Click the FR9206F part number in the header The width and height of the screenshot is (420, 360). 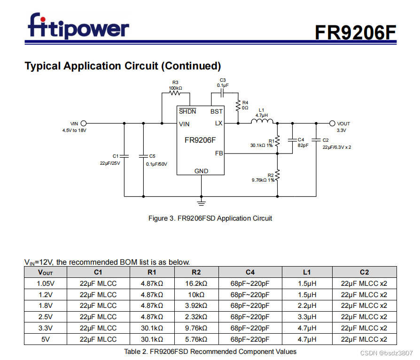click(355, 32)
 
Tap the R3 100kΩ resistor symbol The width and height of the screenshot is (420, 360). click(175, 92)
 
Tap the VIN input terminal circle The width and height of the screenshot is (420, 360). click(84, 123)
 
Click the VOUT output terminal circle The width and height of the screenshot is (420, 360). click(333, 123)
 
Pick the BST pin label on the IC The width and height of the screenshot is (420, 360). click(217, 112)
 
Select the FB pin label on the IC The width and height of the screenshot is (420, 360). click(219, 153)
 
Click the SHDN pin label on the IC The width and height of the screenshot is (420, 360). click(187, 112)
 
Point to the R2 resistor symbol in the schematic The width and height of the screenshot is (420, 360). click(277, 175)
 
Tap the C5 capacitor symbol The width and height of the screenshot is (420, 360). click(143, 155)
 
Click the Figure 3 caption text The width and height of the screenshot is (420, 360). click(210, 218)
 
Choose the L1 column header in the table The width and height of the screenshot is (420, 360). click(307, 272)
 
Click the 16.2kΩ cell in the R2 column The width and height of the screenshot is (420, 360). click(196, 283)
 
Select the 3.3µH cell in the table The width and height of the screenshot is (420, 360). click(307, 317)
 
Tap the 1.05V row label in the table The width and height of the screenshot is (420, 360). click(46, 283)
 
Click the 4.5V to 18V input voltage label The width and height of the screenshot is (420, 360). click(74, 130)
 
